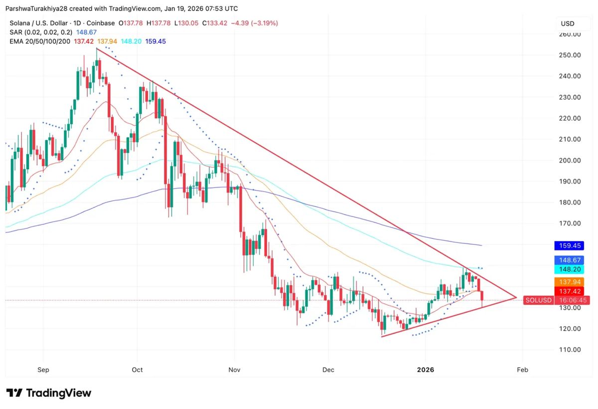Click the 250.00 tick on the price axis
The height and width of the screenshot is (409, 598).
(x=570, y=55)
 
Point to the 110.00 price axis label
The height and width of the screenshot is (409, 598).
(x=570, y=350)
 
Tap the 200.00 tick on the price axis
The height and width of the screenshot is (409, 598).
(x=570, y=161)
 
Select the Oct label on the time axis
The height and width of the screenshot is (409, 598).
(x=137, y=370)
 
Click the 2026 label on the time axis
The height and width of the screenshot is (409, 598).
(x=425, y=370)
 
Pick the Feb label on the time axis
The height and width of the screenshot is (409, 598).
(x=522, y=370)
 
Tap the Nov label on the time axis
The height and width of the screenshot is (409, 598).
(x=234, y=370)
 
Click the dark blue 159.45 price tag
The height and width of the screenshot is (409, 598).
(x=569, y=246)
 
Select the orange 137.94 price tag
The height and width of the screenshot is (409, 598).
(x=569, y=282)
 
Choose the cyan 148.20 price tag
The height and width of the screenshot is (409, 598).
(x=569, y=269)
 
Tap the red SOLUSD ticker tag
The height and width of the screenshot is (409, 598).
(x=539, y=300)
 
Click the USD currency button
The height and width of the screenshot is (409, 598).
(x=568, y=23)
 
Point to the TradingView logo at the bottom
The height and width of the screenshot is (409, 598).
(x=49, y=393)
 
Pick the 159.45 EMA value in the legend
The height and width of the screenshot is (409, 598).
(x=155, y=41)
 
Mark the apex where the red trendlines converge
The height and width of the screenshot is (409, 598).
(x=516, y=298)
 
